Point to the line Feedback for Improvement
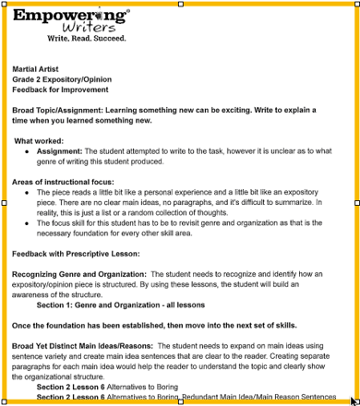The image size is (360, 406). point(60,90)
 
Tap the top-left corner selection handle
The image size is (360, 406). point(3,3)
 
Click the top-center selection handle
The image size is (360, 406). point(180,3)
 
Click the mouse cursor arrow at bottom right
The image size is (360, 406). point(354,400)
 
